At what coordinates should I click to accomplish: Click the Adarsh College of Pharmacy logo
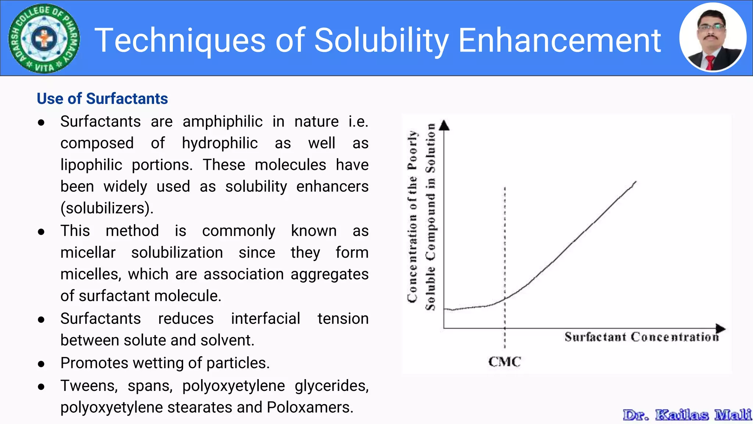pos(44,38)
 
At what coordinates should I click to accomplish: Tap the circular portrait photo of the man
pos(713,38)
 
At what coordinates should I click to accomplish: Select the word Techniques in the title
pos(180,40)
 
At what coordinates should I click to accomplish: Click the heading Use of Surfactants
pos(102,99)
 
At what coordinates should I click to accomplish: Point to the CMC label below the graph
pos(504,362)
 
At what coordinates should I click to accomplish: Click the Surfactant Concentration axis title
pos(641,337)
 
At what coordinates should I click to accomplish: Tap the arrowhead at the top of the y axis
pos(445,126)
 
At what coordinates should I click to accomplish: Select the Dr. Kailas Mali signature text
pos(687,415)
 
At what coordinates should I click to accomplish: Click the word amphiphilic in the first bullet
pos(222,121)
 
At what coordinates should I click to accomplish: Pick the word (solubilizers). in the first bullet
pos(107,208)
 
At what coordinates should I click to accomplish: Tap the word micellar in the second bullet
pos(88,253)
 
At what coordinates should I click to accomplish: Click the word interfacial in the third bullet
pos(265,319)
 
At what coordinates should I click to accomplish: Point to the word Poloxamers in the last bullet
pos(310,407)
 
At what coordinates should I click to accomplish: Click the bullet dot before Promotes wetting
pos(41,364)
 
